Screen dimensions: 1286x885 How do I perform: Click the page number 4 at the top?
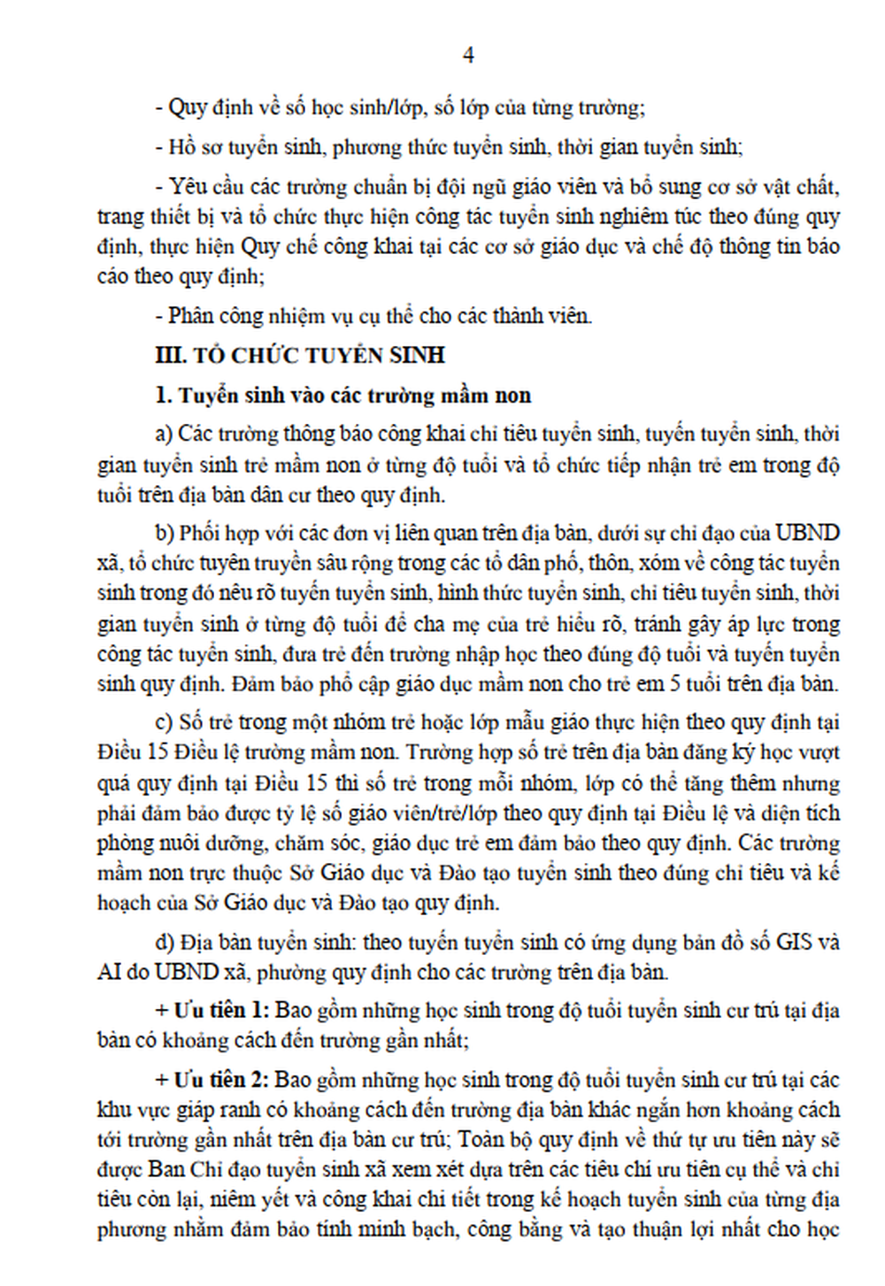point(468,56)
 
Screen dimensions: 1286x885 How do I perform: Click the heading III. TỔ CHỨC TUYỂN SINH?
point(300,356)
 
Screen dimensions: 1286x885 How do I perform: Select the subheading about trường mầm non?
point(343,396)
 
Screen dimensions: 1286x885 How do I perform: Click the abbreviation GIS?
point(794,942)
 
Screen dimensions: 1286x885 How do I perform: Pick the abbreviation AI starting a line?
point(109,972)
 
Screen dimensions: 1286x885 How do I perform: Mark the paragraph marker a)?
point(163,435)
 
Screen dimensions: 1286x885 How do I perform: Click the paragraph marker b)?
point(164,533)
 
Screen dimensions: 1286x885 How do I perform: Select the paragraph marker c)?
point(163,722)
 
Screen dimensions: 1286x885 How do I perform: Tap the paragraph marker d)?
point(164,942)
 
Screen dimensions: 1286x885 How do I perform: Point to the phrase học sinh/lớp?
point(357,109)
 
